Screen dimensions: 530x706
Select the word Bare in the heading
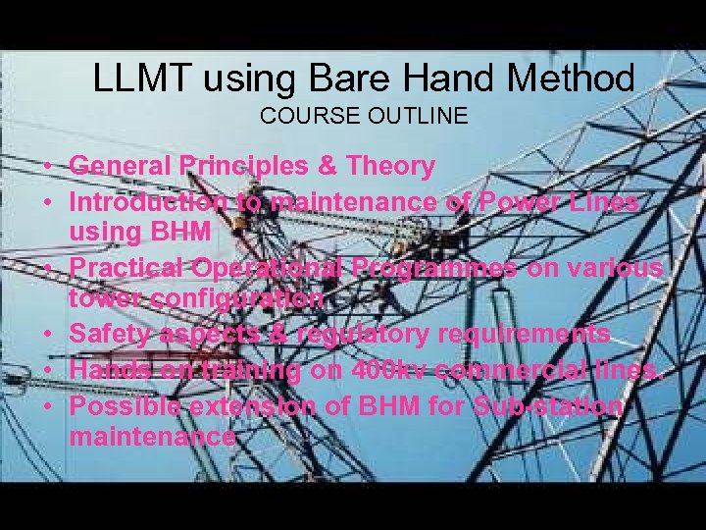(x=339, y=79)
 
